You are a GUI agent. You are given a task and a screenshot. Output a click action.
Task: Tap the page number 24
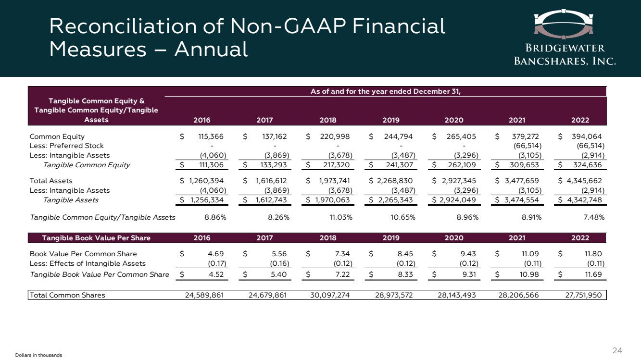pyautogui.click(x=617, y=350)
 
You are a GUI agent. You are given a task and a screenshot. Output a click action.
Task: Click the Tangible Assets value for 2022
pyautogui.click(x=584, y=200)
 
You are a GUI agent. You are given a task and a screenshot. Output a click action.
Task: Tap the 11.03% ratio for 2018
pyautogui.click(x=340, y=218)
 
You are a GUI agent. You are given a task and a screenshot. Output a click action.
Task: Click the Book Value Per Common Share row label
pyautogui.click(x=83, y=254)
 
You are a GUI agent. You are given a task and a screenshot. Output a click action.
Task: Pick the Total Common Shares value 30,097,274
pyautogui.click(x=328, y=295)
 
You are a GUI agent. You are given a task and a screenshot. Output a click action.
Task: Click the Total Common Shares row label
pyautogui.click(x=67, y=295)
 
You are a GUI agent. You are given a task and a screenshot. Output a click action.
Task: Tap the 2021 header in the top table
pyautogui.click(x=517, y=120)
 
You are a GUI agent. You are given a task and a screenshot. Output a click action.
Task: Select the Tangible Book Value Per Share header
pyautogui.click(x=96, y=238)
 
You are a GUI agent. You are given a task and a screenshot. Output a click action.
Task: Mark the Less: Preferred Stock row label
pyautogui.click(x=66, y=146)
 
